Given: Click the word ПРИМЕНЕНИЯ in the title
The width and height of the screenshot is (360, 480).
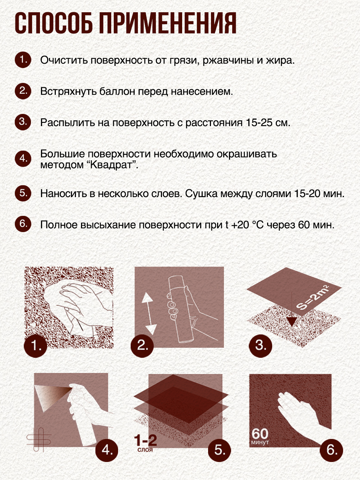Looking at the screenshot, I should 167,23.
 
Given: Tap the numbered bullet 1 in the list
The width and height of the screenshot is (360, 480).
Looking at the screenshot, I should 23,59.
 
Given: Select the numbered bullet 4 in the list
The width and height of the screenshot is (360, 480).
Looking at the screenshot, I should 23,159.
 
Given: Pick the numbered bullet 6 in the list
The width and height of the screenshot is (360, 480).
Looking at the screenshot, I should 23,224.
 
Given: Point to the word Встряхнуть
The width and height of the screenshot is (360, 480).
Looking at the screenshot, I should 68,92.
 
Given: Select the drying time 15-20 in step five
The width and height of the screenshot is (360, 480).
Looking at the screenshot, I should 307,194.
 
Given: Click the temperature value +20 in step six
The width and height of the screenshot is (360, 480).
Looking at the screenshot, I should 240,225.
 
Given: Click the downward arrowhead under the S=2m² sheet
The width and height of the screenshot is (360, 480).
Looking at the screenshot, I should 291,321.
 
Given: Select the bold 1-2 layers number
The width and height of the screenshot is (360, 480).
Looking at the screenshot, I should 145,440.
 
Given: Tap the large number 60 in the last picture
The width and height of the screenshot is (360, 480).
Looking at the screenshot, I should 260,433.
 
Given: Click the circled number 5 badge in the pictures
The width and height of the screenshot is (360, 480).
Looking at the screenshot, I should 220,450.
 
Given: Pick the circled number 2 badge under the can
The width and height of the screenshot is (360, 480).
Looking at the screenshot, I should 142,346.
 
